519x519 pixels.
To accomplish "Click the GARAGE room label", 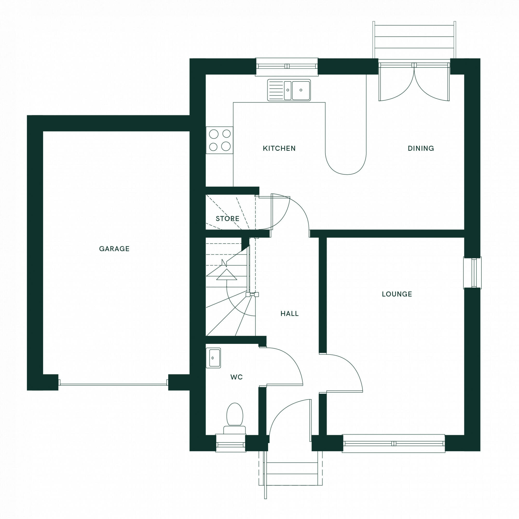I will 114,249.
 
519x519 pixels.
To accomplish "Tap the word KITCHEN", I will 279,148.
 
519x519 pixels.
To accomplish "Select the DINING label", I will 421,148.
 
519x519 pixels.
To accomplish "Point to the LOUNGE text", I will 397,294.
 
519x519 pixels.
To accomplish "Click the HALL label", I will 289,313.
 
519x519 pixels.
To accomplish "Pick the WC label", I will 236,377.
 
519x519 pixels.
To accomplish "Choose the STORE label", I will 227,219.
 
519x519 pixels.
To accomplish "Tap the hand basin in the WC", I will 213,358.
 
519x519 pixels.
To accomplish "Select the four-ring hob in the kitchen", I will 220,140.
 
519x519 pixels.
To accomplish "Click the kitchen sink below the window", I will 289,90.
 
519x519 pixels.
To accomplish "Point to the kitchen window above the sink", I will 286,66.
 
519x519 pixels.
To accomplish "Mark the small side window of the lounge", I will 473,273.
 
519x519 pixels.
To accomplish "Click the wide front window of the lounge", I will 393,443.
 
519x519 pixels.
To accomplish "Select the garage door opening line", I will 113,384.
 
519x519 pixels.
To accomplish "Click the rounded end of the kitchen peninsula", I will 346,167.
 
